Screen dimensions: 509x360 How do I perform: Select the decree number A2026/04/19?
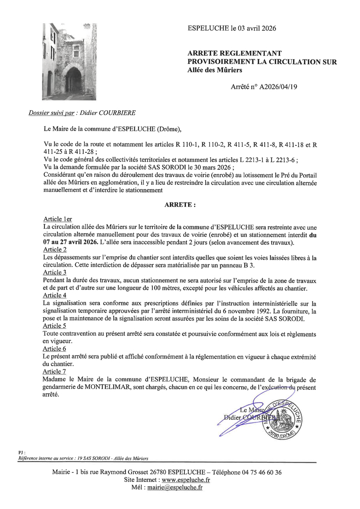pyautogui.click(x=278, y=86)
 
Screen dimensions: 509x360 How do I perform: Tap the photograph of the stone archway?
pyautogui.click(x=69, y=62)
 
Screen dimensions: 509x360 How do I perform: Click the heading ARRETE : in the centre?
pyautogui.click(x=180, y=205)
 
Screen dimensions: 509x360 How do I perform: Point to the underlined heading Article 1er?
pyautogui.click(x=58, y=219)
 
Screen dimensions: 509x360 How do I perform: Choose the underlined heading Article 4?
pyautogui.click(x=55, y=295)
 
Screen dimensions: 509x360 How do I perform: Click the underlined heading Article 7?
pyautogui.click(x=55, y=372)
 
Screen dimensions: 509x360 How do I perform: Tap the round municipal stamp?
pyautogui.click(x=282, y=418)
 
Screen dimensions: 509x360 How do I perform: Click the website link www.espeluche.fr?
pyautogui.click(x=186, y=480)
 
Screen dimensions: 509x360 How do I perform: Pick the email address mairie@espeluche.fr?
pyautogui.click(x=174, y=487)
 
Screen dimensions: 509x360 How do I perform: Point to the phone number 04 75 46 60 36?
pyautogui.click(x=262, y=472)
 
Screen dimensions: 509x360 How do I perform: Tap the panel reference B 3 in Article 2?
pyautogui.click(x=261, y=265)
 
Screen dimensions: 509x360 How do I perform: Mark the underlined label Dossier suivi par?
pyautogui.click(x=52, y=113)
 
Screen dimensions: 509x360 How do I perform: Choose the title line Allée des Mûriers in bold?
pyautogui.click(x=215, y=70)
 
